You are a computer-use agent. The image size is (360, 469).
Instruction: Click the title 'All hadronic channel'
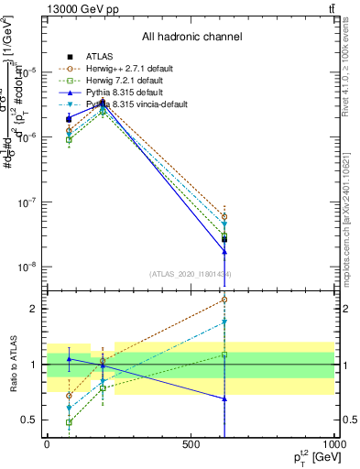pyautogui.click(x=191, y=37)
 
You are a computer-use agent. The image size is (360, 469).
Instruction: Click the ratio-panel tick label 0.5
pyautogui.click(x=29, y=420)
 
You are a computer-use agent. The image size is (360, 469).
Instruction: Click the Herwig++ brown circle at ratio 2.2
pyautogui.click(x=224, y=300)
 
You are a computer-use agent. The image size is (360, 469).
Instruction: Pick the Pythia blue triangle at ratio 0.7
pyautogui.click(x=224, y=398)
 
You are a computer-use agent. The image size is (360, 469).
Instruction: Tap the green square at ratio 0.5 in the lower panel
pyautogui.click(x=69, y=422)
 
